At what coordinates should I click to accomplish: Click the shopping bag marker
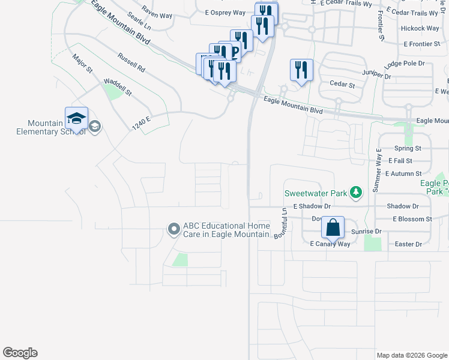tap(333, 228)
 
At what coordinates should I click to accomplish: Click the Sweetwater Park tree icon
tap(357, 193)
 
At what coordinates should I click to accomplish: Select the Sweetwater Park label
tap(316, 193)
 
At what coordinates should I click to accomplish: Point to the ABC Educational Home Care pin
tap(174, 229)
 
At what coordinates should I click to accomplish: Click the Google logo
tap(20, 353)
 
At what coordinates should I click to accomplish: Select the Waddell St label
tap(118, 87)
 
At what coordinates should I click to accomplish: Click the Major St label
tap(82, 64)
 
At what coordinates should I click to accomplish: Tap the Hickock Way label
tap(420, 28)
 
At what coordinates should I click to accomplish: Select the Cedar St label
tap(342, 85)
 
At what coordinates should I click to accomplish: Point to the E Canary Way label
tap(330, 244)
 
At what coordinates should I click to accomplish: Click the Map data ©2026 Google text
tap(412, 355)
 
